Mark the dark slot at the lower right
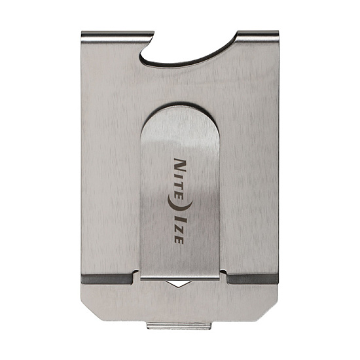253,279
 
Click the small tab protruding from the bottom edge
179,324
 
